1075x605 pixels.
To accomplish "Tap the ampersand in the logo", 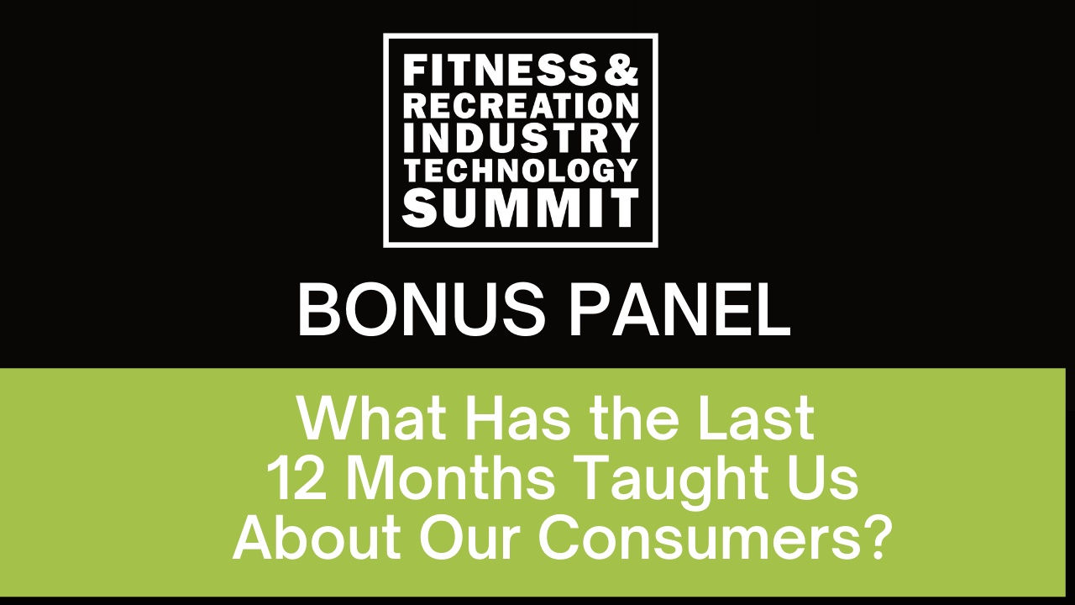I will coord(621,72).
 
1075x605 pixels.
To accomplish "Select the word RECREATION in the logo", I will coord(520,105).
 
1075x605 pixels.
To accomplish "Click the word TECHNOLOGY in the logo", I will coord(520,171).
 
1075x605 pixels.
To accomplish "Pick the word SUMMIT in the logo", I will coord(520,208).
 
